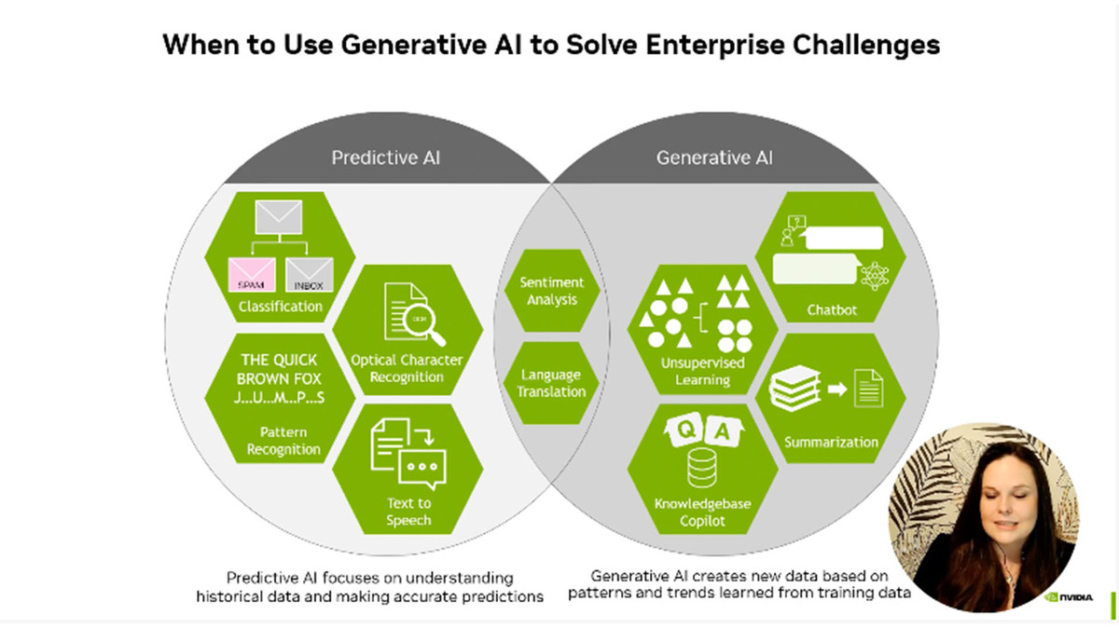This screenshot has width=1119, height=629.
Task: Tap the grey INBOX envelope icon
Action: pyautogui.click(x=310, y=276)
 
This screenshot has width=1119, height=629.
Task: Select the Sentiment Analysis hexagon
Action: pyautogui.click(x=551, y=291)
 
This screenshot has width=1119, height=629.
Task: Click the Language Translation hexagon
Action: pyautogui.click(x=551, y=383)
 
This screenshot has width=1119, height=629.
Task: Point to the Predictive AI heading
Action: pyautogui.click(x=385, y=157)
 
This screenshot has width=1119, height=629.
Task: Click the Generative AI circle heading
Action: pyautogui.click(x=714, y=157)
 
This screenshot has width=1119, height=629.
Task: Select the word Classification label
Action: pyautogui.click(x=280, y=306)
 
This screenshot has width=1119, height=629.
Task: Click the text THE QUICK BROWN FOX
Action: pyautogui.click(x=279, y=369)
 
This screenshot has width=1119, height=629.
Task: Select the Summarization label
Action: pyautogui.click(x=831, y=442)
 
